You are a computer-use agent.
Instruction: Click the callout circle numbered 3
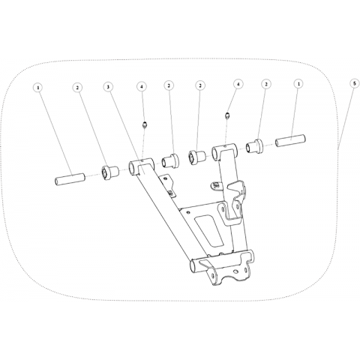tap(108, 87)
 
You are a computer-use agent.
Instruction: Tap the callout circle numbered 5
tap(354, 85)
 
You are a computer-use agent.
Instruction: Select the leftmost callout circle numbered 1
tap(38, 88)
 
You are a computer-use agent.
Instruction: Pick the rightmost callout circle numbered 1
tap(298, 85)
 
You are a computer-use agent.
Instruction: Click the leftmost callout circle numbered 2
tap(77, 88)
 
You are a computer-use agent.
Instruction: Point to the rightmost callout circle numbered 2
tap(266, 85)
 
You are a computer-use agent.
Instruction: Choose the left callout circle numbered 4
tap(142, 86)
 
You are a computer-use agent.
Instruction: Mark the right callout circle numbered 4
tap(238, 85)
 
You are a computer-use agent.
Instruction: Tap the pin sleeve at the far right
tap(291, 141)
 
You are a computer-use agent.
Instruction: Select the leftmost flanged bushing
tap(109, 172)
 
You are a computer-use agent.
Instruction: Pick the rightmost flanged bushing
tap(255, 145)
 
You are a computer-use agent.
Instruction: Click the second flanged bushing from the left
tap(171, 160)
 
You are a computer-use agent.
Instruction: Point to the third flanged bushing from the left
tap(197, 157)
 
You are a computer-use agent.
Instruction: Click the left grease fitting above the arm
tap(144, 124)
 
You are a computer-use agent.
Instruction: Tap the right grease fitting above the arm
tap(227, 115)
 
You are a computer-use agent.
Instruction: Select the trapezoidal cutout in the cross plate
tap(209, 229)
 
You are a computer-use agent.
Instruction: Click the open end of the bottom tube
tap(193, 267)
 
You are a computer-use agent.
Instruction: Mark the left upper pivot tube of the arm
tap(141, 166)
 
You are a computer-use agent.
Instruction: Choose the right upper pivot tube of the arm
tap(225, 151)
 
